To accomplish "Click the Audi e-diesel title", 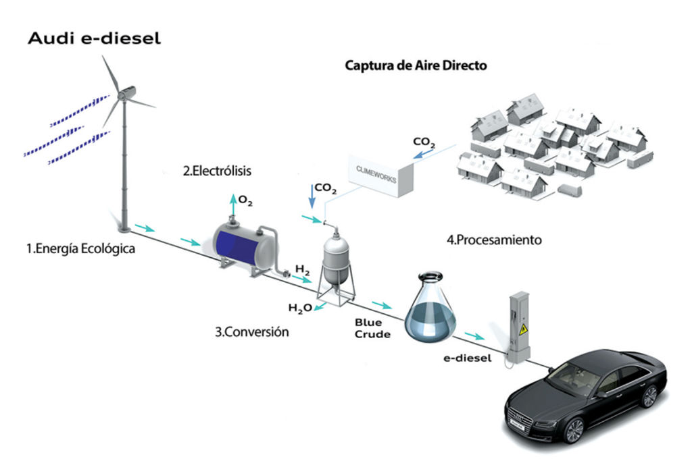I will [x=94, y=38].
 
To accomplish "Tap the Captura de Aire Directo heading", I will [x=416, y=65].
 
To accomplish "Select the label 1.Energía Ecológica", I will [x=80, y=248].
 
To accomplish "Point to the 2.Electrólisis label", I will [x=216, y=171].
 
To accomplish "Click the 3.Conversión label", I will [x=252, y=331].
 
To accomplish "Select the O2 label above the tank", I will [x=246, y=200].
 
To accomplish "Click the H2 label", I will [x=302, y=271].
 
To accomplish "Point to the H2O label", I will [x=300, y=308].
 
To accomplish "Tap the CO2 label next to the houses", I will [x=424, y=142].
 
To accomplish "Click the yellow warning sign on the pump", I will [x=522, y=329].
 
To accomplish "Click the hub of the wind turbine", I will [x=123, y=95].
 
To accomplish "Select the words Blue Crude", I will [x=372, y=328].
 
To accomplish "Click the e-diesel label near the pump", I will [x=467, y=358].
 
